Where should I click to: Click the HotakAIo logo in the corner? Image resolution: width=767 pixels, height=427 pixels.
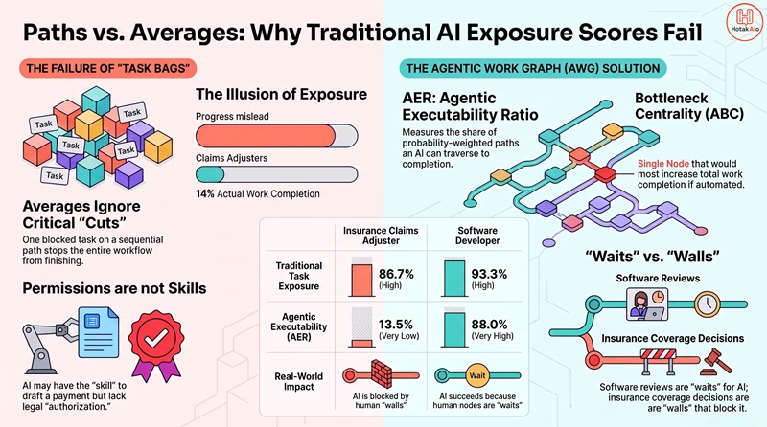point(744,22)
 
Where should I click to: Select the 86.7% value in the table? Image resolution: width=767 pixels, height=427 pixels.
point(396,274)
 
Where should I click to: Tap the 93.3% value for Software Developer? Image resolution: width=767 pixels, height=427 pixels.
point(489,274)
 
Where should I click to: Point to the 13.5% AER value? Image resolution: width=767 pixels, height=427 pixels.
point(396,325)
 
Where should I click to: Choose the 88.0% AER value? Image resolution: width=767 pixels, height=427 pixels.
point(489,325)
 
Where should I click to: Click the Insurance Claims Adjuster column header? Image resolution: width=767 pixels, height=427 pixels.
point(381,236)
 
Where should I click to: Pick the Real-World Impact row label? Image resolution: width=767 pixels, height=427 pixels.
point(298,382)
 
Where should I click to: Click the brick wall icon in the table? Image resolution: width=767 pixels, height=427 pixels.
point(382,373)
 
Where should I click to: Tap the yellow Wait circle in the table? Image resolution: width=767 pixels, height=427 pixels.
point(477,375)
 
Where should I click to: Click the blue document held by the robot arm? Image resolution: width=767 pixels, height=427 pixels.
point(99,332)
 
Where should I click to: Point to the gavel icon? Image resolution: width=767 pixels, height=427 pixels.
point(717,361)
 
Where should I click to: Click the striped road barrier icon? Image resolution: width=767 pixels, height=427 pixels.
point(658,361)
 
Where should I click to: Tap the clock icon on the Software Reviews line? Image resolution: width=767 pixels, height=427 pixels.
point(708,304)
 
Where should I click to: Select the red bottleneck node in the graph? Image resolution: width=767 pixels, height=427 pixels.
point(605,174)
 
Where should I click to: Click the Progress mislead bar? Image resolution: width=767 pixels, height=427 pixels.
point(277,136)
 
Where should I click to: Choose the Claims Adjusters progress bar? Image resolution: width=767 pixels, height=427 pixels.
point(277,174)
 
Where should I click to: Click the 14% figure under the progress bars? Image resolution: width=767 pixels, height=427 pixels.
point(205,194)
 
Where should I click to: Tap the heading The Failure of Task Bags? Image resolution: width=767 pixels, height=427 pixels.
point(107,68)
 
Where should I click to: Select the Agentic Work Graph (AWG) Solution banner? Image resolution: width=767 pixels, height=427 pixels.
point(533,68)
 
